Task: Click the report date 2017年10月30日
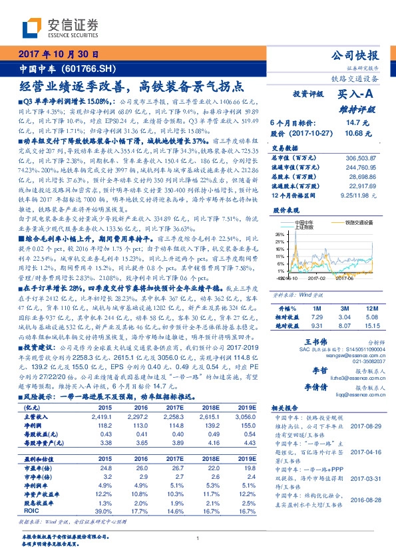pyautogui.click(x=59, y=55)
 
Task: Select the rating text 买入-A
pyautogui.click(x=358, y=95)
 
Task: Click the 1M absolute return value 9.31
pyautogui.click(x=316, y=327)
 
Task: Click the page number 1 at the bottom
pyautogui.click(x=198, y=539)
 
